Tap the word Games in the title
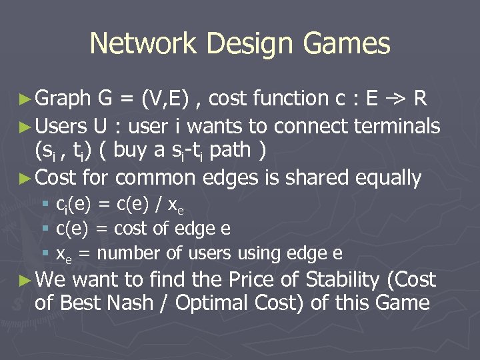point(347,44)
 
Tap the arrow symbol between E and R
point(396,99)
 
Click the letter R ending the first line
point(420,99)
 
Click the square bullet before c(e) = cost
point(45,229)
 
